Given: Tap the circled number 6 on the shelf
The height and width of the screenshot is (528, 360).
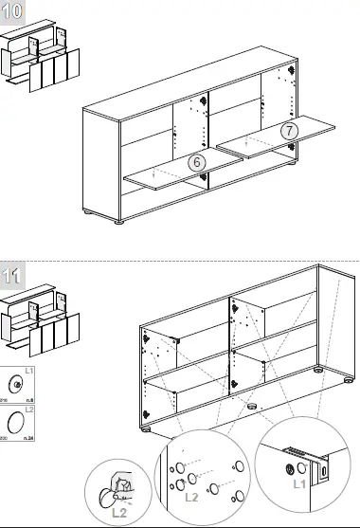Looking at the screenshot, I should click(x=196, y=161).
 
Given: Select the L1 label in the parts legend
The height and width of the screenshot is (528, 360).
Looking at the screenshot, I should click(x=29, y=372).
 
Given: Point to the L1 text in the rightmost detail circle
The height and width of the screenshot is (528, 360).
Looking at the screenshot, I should click(x=299, y=483).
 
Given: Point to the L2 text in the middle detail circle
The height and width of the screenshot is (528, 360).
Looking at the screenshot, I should click(x=189, y=497).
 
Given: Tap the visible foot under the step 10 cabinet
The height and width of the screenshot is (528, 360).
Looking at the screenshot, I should click(x=119, y=223).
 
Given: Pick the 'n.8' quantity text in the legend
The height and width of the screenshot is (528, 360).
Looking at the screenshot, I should click(x=30, y=402).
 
